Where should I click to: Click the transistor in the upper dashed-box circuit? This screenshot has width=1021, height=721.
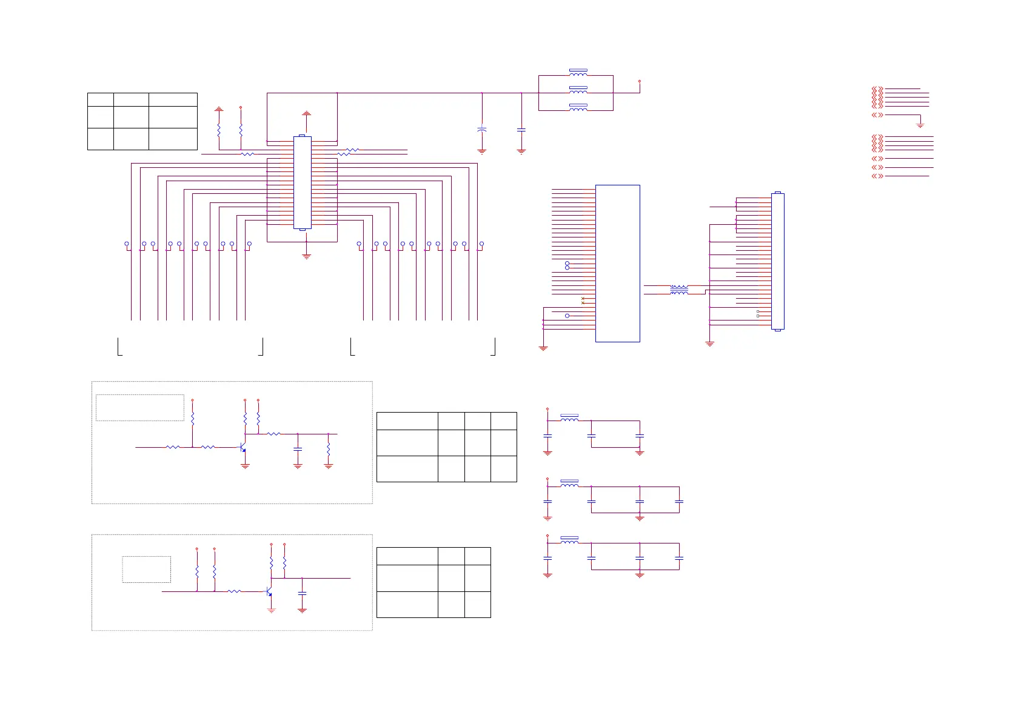click(243, 448)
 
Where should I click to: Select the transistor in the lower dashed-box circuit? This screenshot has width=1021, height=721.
click(269, 591)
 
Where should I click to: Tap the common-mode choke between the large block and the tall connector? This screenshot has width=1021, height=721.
click(679, 290)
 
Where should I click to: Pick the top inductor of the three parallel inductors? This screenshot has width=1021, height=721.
click(578, 73)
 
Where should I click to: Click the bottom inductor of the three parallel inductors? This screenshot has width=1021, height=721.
click(578, 108)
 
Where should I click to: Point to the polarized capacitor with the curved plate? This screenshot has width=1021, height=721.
click(482, 130)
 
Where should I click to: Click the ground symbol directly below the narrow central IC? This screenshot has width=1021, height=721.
click(306, 256)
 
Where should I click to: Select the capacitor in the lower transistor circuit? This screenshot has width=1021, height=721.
click(303, 594)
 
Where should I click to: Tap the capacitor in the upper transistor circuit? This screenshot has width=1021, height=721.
click(298, 449)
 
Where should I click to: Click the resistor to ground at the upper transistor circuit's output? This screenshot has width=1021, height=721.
click(329, 449)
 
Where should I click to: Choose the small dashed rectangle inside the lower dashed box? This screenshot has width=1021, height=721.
click(146, 570)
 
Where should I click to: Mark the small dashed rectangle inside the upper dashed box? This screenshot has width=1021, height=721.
click(140, 407)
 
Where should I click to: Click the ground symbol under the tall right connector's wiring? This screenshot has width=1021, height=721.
click(709, 344)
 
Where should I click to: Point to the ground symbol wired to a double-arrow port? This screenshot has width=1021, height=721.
click(920, 125)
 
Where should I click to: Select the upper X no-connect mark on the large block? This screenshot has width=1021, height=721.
click(583, 299)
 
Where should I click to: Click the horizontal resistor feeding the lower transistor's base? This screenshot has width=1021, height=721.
click(234, 591)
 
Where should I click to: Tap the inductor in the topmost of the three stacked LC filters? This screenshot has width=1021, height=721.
click(569, 418)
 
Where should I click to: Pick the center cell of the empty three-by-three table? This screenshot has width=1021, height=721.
click(131, 117)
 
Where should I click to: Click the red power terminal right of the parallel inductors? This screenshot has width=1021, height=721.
click(640, 81)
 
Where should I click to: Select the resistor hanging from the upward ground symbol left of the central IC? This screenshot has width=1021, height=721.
click(219, 130)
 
